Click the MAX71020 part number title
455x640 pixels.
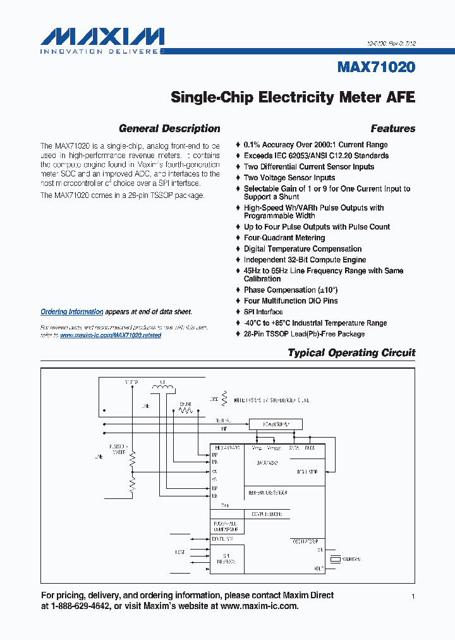pyautogui.click(x=376, y=67)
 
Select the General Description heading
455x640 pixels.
pyautogui.click(x=169, y=128)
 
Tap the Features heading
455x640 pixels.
pyautogui.click(x=392, y=128)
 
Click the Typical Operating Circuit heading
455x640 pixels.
pyautogui.click(x=351, y=352)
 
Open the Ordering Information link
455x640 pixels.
pyautogui.click(x=71, y=312)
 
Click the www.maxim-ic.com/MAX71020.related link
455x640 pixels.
pyautogui.click(x=111, y=335)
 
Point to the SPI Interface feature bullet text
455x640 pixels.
pyautogui.click(x=264, y=312)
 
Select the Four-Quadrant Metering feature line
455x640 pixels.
pyautogui.click(x=284, y=238)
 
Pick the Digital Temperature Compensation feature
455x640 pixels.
pyautogui.click(x=303, y=249)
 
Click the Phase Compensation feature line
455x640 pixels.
pyautogui.click(x=291, y=290)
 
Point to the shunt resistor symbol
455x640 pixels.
pyautogui.click(x=185, y=409)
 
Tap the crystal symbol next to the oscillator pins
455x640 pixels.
pyautogui.click(x=334, y=559)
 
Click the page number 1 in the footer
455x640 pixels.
pyautogui.click(x=413, y=596)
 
